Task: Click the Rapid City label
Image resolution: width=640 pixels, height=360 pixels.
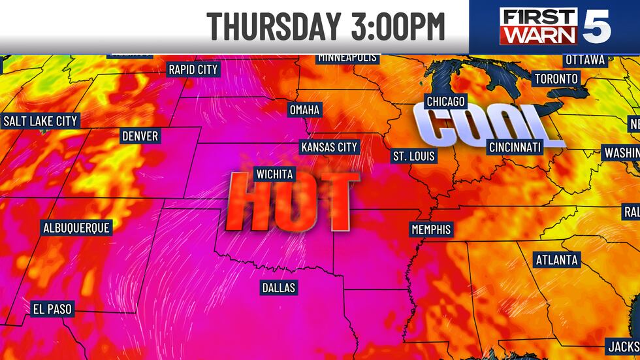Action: point(193,69)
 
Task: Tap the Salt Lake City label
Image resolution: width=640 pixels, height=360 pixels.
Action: point(40,121)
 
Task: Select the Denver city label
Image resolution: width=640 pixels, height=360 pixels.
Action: point(140,136)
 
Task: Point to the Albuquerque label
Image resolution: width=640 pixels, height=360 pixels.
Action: point(76,227)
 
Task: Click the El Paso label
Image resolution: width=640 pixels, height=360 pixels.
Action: point(52,308)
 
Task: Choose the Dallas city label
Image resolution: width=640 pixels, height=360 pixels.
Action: point(278,287)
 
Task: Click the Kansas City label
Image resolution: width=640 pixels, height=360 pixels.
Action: point(329,147)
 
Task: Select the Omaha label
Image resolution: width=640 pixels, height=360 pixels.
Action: point(304,110)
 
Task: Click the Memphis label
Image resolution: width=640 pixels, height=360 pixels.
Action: point(431,229)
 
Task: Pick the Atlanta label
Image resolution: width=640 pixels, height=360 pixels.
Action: point(556,259)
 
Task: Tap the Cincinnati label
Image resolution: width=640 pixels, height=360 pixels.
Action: point(515,147)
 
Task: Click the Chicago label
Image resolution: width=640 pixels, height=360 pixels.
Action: point(445,101)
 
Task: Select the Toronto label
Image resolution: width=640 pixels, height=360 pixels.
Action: point(556,78)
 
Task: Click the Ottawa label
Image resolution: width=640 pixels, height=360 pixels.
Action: point(585,59)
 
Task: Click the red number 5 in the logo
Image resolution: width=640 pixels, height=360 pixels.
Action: point(600,26)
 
